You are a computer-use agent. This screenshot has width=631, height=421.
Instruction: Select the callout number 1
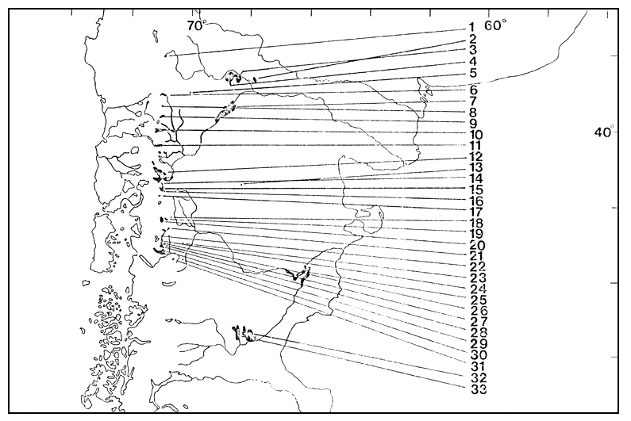click(471, 28)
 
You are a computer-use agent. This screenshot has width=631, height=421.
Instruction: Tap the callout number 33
click(476, 388)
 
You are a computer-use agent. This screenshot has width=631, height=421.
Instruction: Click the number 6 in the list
click(472, 90)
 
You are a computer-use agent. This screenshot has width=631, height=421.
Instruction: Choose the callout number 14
click(476, 179)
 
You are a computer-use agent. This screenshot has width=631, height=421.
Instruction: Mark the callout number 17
click(476, 212)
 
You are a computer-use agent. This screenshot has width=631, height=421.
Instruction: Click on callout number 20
click(476, 246)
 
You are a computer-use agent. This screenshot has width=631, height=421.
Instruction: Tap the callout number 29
click(476, 344)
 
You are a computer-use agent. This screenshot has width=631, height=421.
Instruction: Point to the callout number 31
click(476, 366)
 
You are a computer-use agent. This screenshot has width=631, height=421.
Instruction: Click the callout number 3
click(471, 50)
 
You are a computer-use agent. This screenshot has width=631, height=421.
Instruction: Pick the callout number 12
click(476, 157)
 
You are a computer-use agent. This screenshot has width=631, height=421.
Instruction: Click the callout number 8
click(472, 113)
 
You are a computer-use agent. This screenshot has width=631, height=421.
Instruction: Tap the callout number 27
click(476, 322)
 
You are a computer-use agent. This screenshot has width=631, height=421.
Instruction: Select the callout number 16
click(476, 201)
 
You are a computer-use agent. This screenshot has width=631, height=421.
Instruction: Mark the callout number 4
click(472, 61)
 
